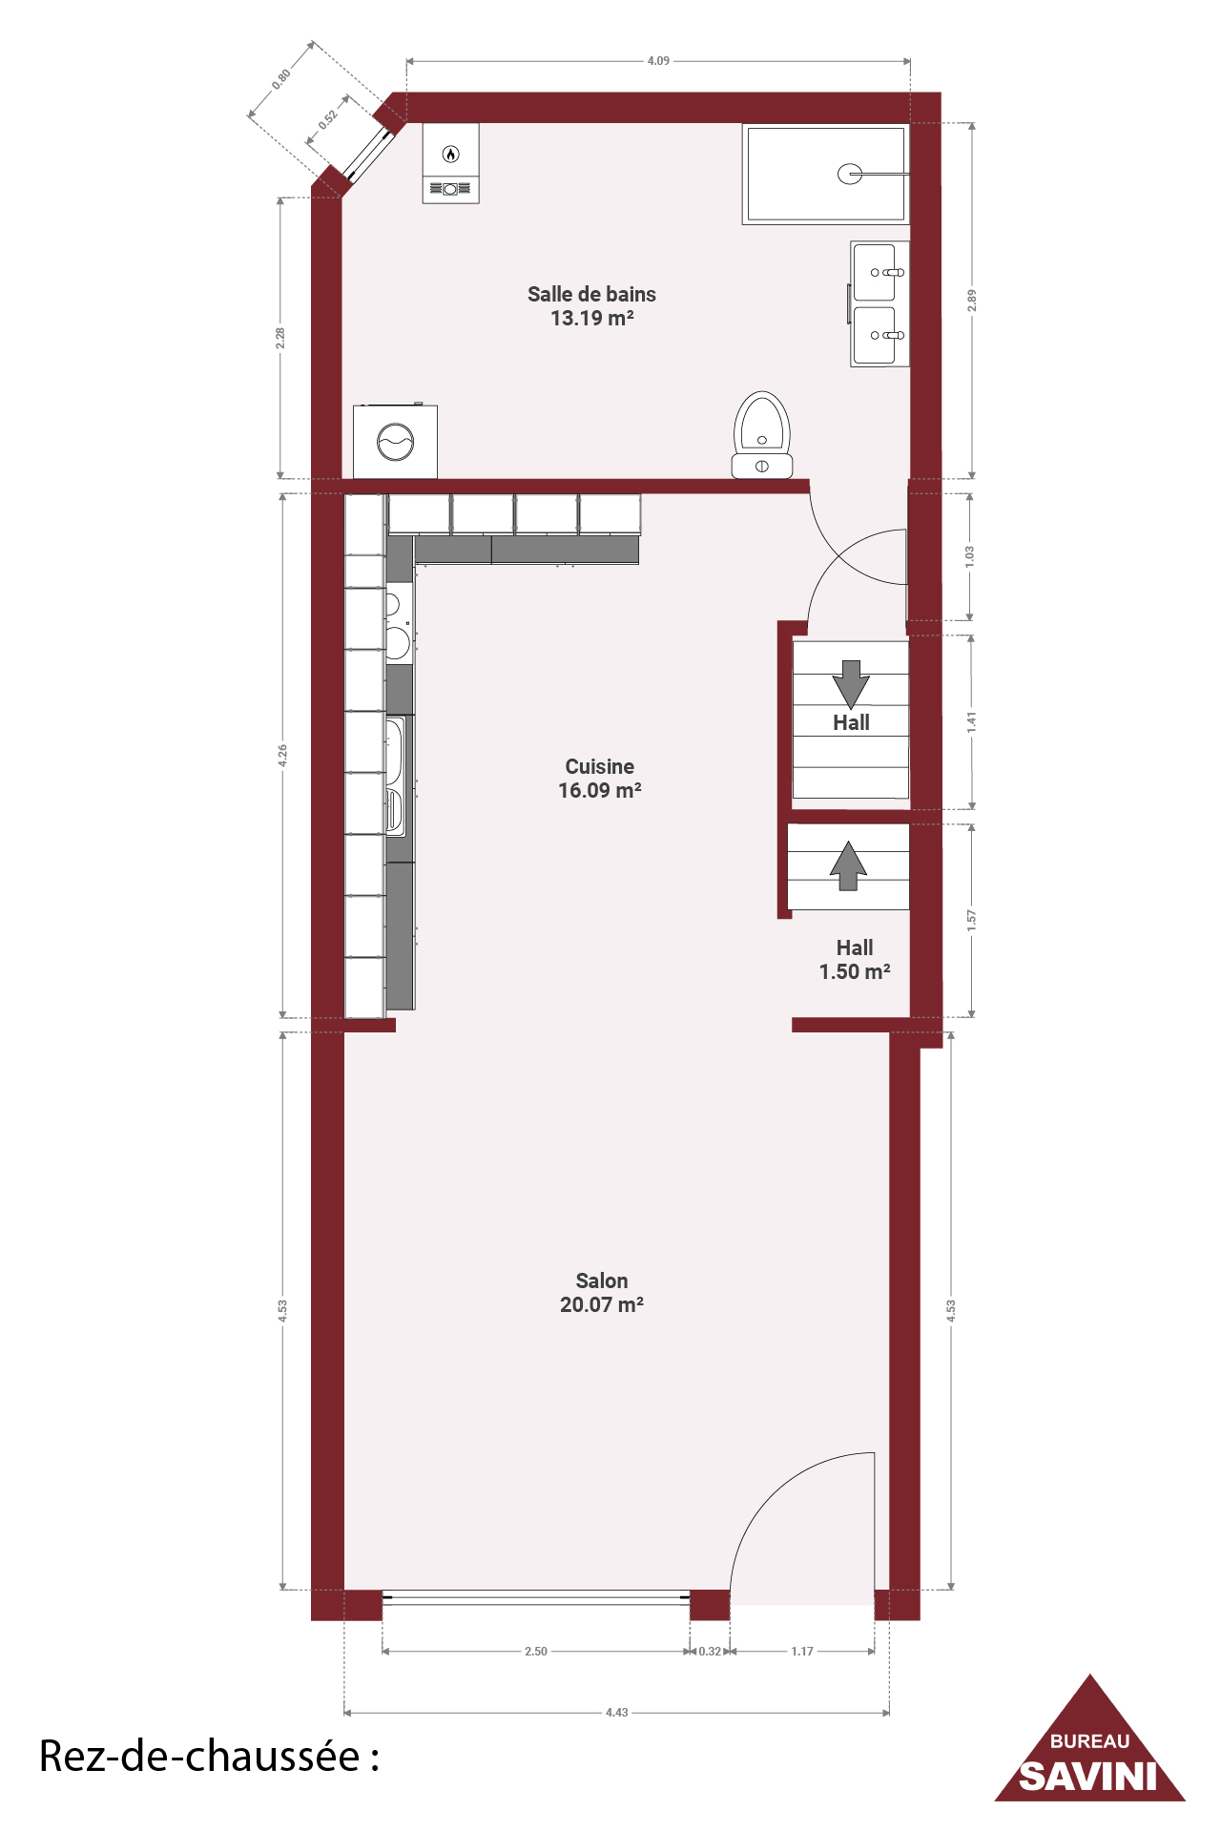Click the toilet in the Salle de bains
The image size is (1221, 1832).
point(762,435)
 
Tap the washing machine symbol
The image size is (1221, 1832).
point(395,442)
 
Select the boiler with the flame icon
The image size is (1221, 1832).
point(451,163)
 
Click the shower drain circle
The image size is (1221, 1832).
point(849,174)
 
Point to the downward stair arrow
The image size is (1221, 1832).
point(851,683)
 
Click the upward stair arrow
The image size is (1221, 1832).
point(848,865)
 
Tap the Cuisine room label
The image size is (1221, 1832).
point(600,779)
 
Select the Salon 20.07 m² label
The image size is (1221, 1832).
point(602,1293)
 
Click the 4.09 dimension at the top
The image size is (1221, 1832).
point(658,61)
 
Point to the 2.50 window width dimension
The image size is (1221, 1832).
point(536,1652)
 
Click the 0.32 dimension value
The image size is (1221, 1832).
point(710,1652)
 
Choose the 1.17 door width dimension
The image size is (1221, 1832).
point(802,1652)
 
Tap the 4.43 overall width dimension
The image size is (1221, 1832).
point(617,1713)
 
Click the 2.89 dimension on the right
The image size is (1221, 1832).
point(972,301)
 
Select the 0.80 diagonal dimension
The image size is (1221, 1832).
point(281,79)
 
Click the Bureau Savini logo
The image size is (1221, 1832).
point(1090,1739)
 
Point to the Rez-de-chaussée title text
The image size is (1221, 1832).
point(209,1757)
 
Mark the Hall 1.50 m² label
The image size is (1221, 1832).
point(855,960)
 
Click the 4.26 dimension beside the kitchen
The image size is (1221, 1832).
point(282,756)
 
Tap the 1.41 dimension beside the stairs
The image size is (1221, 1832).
point(972,722)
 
